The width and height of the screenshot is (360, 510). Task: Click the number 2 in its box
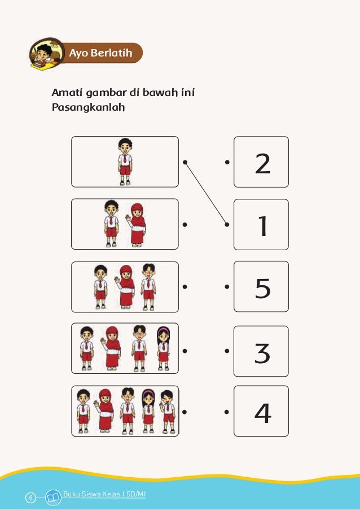(262, 164)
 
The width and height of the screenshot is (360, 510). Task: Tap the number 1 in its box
(262, 226)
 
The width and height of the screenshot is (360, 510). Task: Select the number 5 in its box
(262, 289)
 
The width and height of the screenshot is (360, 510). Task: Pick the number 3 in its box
(262, 353)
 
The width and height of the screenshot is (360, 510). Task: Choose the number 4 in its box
(263, 413)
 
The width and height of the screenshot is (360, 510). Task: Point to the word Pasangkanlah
(88, 107)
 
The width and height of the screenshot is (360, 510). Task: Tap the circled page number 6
(30, 498)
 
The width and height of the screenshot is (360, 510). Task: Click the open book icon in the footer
(53, 498)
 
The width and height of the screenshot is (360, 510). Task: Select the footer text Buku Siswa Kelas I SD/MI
(104, 494)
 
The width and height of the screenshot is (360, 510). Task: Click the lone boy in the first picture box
(125, 162)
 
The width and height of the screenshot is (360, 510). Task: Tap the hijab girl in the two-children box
(137, 225)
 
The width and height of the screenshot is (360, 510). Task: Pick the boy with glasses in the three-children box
(148, 286)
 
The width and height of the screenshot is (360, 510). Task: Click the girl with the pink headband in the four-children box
(164, 348)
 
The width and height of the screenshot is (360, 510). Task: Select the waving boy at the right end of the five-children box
(168, 412)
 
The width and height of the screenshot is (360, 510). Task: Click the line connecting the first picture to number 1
(205, 193)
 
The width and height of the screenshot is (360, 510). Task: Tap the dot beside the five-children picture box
(184, 412)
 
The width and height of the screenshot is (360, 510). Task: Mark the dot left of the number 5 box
(227, 287)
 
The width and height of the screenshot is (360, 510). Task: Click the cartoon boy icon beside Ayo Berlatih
(47, 54)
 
